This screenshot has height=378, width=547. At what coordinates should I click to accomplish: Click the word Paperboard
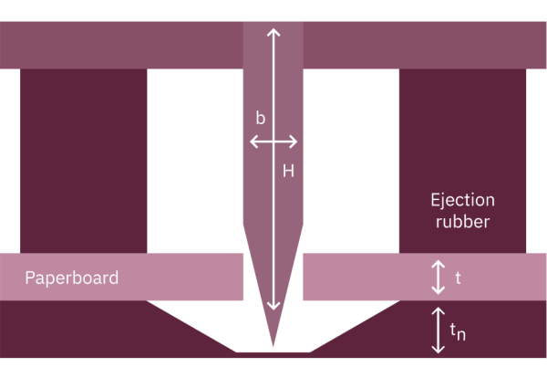tap(72, 278)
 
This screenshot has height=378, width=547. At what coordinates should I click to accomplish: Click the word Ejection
tap(462, 199)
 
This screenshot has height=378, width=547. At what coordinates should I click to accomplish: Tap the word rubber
tap(462, 222)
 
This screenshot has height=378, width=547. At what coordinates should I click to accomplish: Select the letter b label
tap(261, 119)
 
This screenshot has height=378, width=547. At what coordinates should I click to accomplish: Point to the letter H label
tap(288, 169)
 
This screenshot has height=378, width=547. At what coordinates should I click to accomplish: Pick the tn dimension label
tap(459, 334)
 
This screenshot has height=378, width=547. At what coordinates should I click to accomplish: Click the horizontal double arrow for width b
tap(273, 142)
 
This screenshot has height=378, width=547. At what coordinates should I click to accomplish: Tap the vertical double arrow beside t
tap(438, 277)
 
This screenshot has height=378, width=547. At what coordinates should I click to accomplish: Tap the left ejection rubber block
tap(83, 160)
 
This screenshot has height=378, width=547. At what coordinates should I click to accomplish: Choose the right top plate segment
tap(425, 44)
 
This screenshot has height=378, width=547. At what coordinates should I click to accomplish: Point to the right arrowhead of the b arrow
tap(294, 142)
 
